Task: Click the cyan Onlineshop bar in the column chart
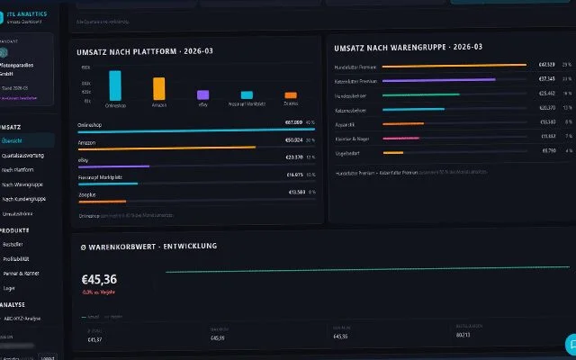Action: pos(114,85)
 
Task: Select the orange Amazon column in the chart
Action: pos(158,88)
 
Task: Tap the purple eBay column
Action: pos(202,94)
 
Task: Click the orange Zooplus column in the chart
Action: pos(290,94)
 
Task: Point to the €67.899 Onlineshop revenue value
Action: pos(293,121)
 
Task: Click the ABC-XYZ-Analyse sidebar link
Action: pos(22,319)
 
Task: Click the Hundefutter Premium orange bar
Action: pos(454,65)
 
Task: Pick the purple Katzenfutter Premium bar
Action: pos(439,79)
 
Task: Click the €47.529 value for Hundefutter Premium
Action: pos(546,65)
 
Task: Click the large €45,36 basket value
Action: pos(99,279)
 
